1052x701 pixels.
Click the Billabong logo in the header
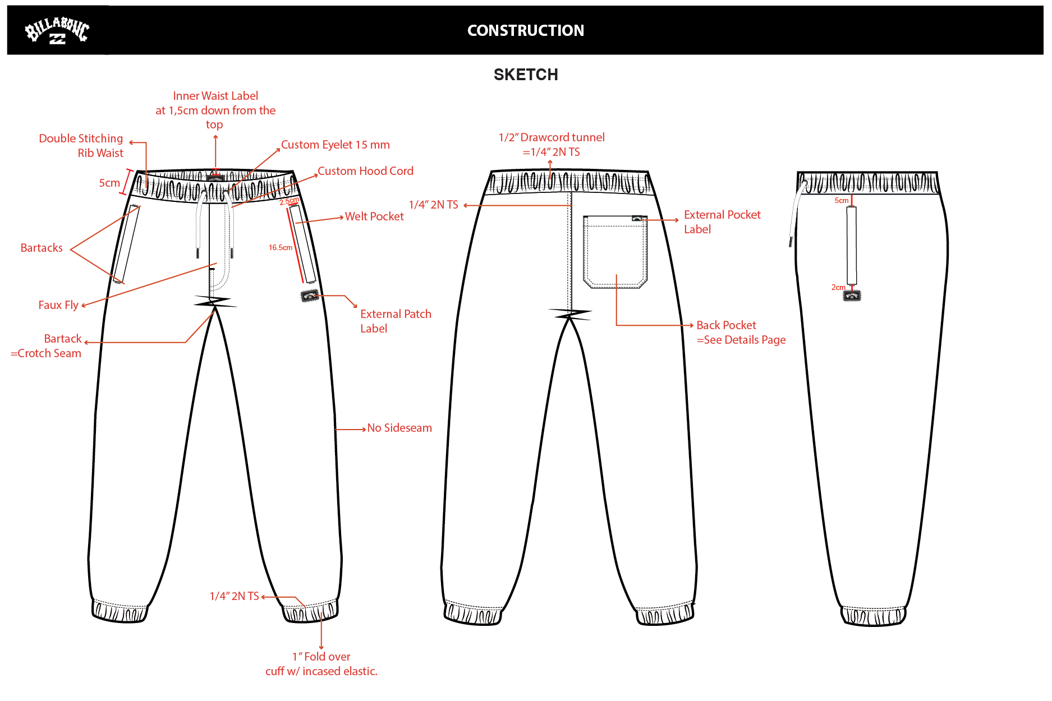point(57,30)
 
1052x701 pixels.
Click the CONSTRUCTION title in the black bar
point(526,30)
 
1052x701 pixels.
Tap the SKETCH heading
point(526,75)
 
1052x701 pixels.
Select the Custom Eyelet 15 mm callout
point(336,145)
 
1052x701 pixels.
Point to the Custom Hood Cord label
point(365,171)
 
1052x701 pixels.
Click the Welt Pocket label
point(374,216)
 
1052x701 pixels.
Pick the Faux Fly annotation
point(58,305)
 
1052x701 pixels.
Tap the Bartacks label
point(42,248)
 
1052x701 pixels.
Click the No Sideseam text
point(399,428)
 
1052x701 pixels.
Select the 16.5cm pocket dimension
point(281,247)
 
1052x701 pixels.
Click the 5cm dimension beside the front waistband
point(109,183)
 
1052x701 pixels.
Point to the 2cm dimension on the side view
point(838,287)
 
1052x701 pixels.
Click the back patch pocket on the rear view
point(615,252)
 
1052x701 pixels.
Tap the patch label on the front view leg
point(310,296)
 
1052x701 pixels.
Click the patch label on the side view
point(852,296)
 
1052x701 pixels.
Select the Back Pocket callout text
point(741,333)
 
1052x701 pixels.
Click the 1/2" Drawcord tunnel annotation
point(552,145)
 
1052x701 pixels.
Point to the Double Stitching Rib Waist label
point(81,146)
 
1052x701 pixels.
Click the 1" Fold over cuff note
point(321,664)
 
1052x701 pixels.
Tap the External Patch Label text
point(396,321)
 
